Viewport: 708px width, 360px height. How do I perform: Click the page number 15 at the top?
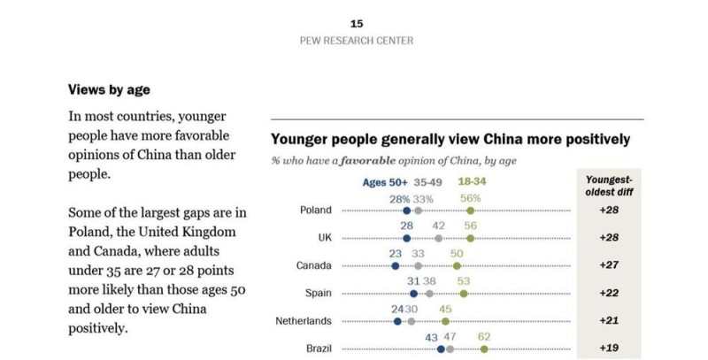click(x=357, y=24)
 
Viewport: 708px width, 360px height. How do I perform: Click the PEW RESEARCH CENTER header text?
click(x=357, y=41)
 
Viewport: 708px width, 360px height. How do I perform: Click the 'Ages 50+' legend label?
click(x=385, y=183)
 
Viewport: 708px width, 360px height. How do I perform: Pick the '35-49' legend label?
click(x=429, y=183)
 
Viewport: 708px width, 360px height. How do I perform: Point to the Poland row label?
click(x=315, y=211)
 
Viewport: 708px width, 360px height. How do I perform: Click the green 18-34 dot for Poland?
click(x=470, y=211)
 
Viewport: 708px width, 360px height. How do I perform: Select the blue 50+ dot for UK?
click(x=406, y=238)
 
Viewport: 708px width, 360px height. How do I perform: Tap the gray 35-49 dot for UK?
click(x=438, y=238)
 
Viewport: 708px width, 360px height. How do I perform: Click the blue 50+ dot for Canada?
click(x=395, y=265)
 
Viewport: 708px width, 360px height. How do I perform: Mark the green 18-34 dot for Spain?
click(x=464, y=293)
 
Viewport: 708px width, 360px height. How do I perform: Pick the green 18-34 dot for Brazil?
click(x=484, y=349)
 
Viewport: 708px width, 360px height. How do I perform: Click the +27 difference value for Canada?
click(x=609, y=265)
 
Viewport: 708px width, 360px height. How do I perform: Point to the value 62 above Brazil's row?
click(x=483, y=336)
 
